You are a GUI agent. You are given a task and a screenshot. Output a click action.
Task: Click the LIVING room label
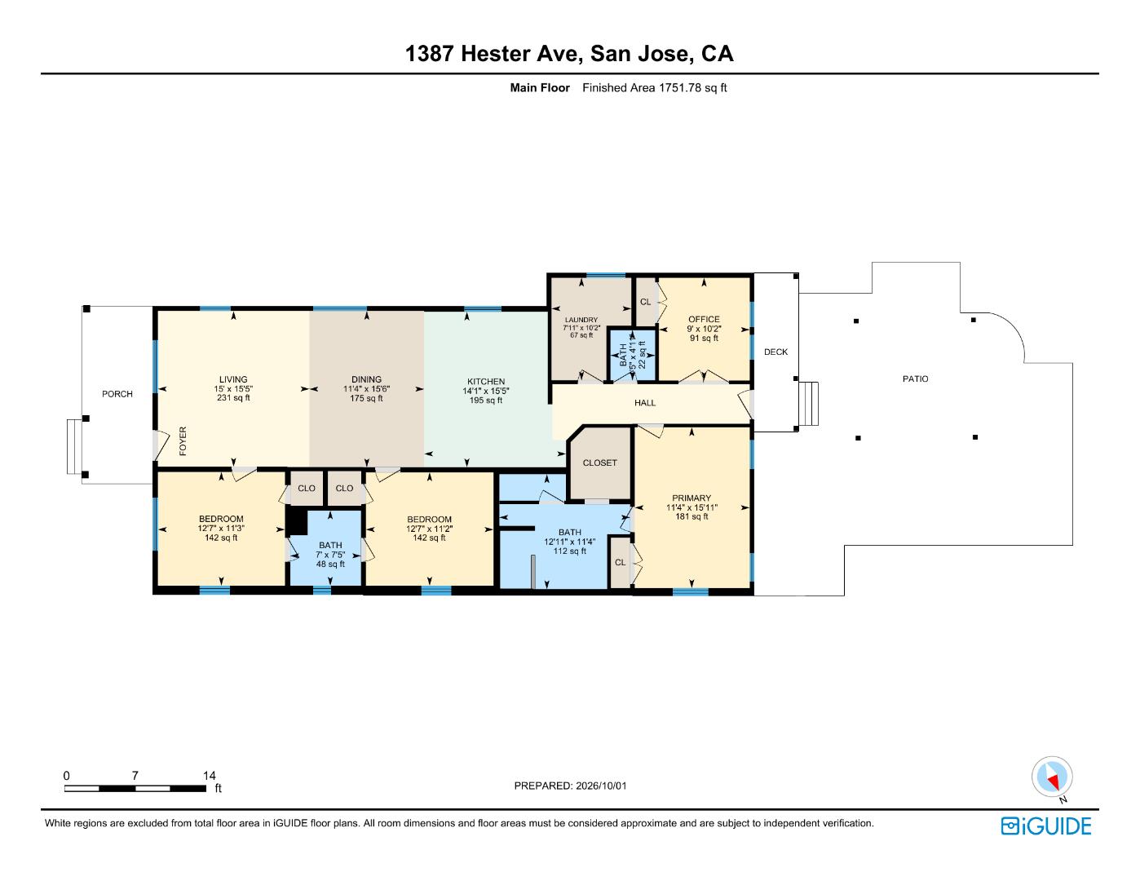233,379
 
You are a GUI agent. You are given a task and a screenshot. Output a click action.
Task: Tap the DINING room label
366,379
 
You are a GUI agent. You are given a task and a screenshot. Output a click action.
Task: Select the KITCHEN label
486,382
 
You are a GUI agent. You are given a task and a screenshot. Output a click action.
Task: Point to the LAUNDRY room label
581,320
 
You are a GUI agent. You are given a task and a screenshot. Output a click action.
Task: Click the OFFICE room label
704,319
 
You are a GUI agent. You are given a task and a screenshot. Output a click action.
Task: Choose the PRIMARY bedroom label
692,498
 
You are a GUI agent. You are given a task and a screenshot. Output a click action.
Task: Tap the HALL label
645,402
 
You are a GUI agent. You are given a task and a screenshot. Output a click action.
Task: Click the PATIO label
915,379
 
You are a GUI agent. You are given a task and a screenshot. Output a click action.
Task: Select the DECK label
775,352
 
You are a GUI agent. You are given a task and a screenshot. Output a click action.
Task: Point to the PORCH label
117,393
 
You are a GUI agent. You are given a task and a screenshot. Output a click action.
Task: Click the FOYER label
183,440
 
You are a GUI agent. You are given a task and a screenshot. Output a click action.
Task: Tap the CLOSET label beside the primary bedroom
599,463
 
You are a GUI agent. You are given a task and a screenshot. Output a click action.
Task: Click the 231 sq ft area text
233,398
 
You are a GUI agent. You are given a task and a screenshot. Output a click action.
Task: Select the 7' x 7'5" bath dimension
330,555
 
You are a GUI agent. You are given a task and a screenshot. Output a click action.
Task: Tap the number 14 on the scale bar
210,775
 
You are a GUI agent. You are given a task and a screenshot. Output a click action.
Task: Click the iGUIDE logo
1045,826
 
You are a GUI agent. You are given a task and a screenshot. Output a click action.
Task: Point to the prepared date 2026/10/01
601,786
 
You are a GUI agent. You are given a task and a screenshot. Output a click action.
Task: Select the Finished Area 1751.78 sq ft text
654,87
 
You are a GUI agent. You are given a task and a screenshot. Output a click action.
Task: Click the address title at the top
569,54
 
